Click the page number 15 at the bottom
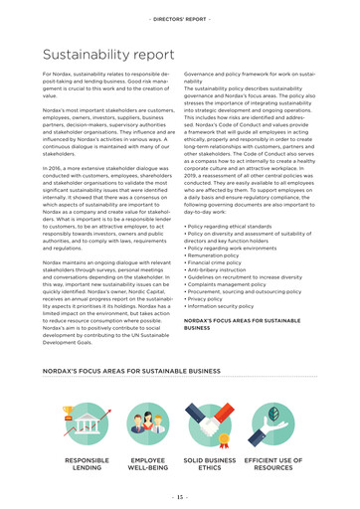coord(180,497)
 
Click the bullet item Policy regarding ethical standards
coord(235,212)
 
